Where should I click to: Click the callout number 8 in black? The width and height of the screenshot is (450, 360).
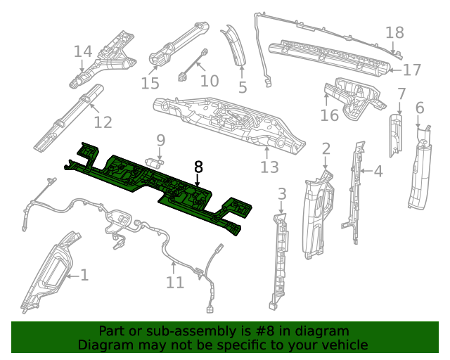click(198, 167)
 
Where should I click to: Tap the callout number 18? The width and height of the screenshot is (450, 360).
click(395, 32)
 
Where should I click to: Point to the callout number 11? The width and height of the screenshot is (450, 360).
click(175, 283)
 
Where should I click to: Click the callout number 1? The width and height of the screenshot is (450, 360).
click(84, 275)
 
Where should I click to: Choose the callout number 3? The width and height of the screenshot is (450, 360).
click(282, 194)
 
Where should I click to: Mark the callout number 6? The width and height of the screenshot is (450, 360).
click(420, 108)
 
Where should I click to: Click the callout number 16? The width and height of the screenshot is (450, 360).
click(330, 115)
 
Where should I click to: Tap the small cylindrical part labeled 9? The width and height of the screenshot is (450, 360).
click(153, 162)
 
